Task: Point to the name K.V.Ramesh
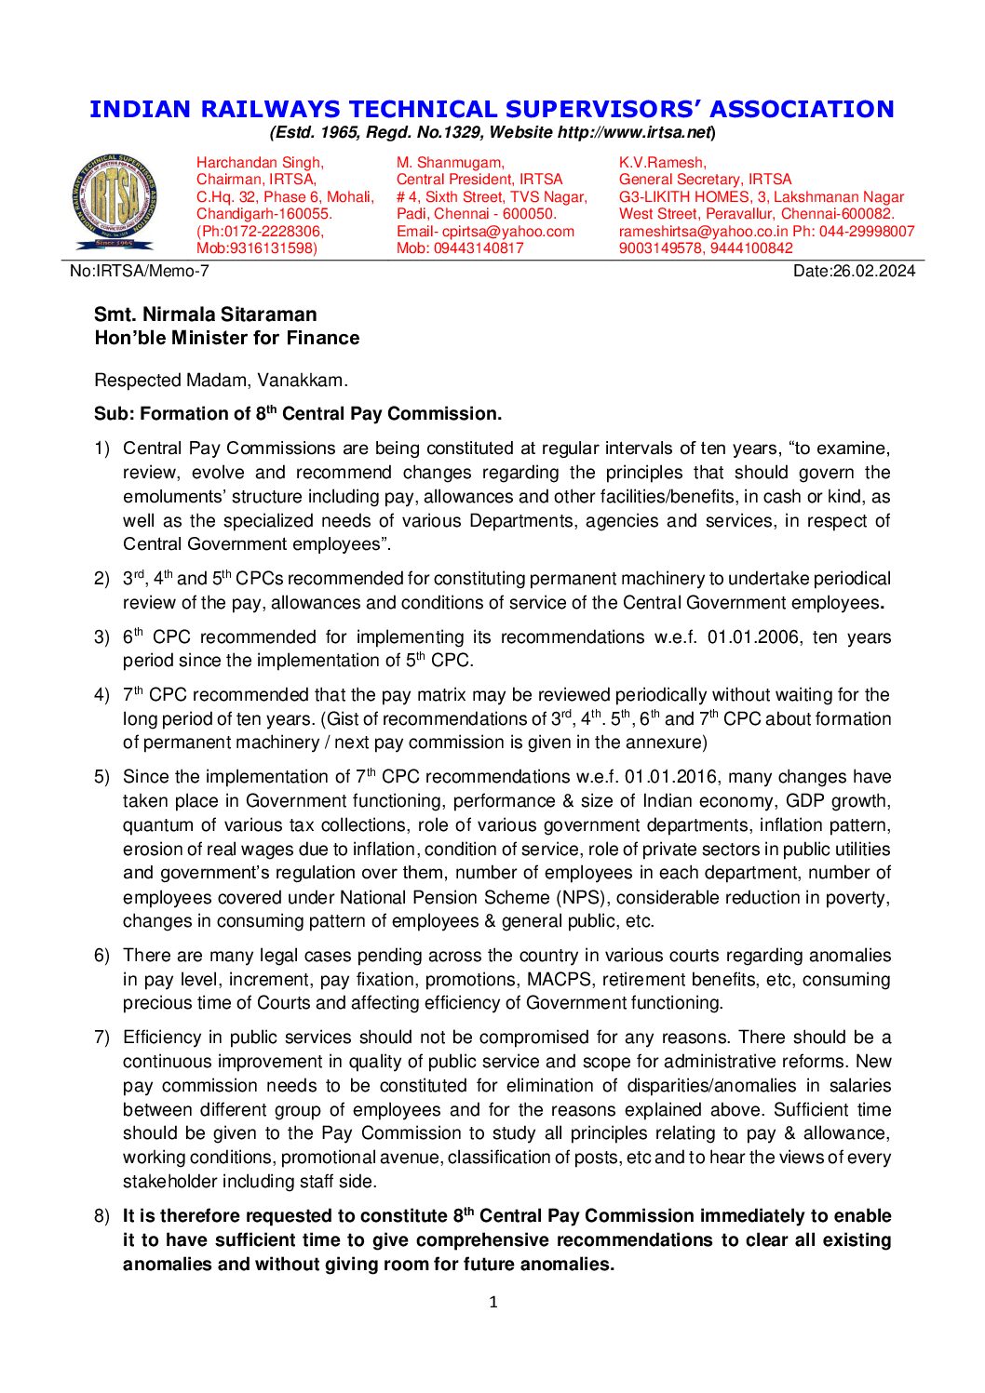[662, 163]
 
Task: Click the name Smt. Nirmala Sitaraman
[206, 315]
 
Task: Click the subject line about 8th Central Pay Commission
[298, 413]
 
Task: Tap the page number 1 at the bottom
[493, 1302]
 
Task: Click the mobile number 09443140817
[479, 248]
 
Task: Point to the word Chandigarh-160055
[263, 214]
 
